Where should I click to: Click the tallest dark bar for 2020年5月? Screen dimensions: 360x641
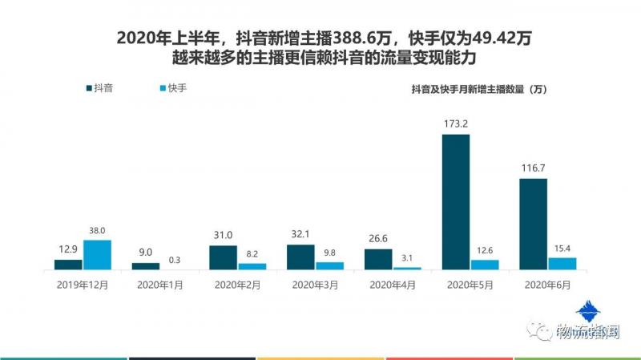pos(456,202)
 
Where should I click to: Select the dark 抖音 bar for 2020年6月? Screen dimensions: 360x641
pos(534,224)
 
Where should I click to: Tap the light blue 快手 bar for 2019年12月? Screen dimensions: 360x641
pos(97,255)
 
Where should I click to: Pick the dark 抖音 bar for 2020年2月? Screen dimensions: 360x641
pos(223,257)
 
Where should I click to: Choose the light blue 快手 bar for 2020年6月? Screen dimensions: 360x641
pos(562,263)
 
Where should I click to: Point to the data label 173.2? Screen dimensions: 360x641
pos(456,125)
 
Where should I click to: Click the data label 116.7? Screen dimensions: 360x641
pos(534,169)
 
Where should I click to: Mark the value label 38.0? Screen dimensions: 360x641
pos(97,231)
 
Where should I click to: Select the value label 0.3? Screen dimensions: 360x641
pos(175,259)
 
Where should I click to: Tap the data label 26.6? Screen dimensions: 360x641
pos(378,240)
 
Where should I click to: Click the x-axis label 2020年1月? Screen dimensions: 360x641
pos(160,285)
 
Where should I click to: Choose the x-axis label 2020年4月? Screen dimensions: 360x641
pos(393,285)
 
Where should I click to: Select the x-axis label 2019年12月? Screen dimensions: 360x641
pos(83,285)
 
